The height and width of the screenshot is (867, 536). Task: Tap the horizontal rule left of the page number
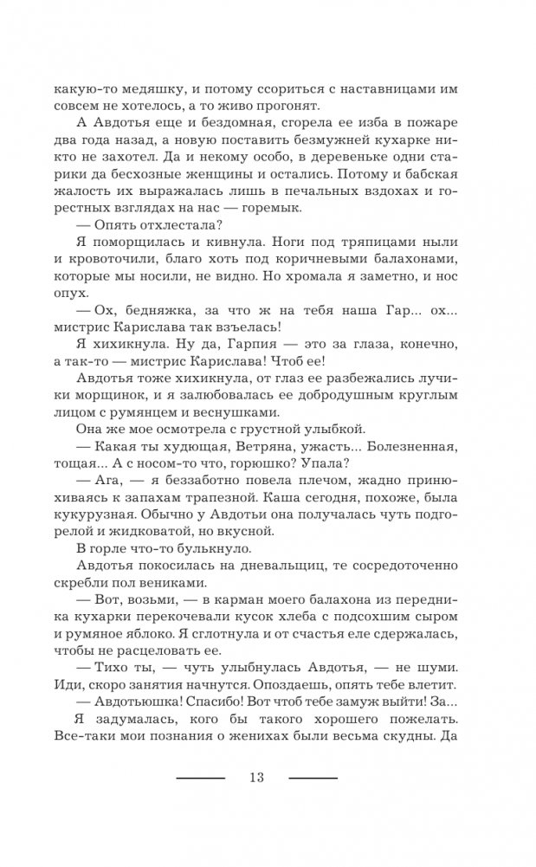pyautogui.click(x=200, y=778)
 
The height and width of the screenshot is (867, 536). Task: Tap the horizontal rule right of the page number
pyautogui.click(x=313, y=778)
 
